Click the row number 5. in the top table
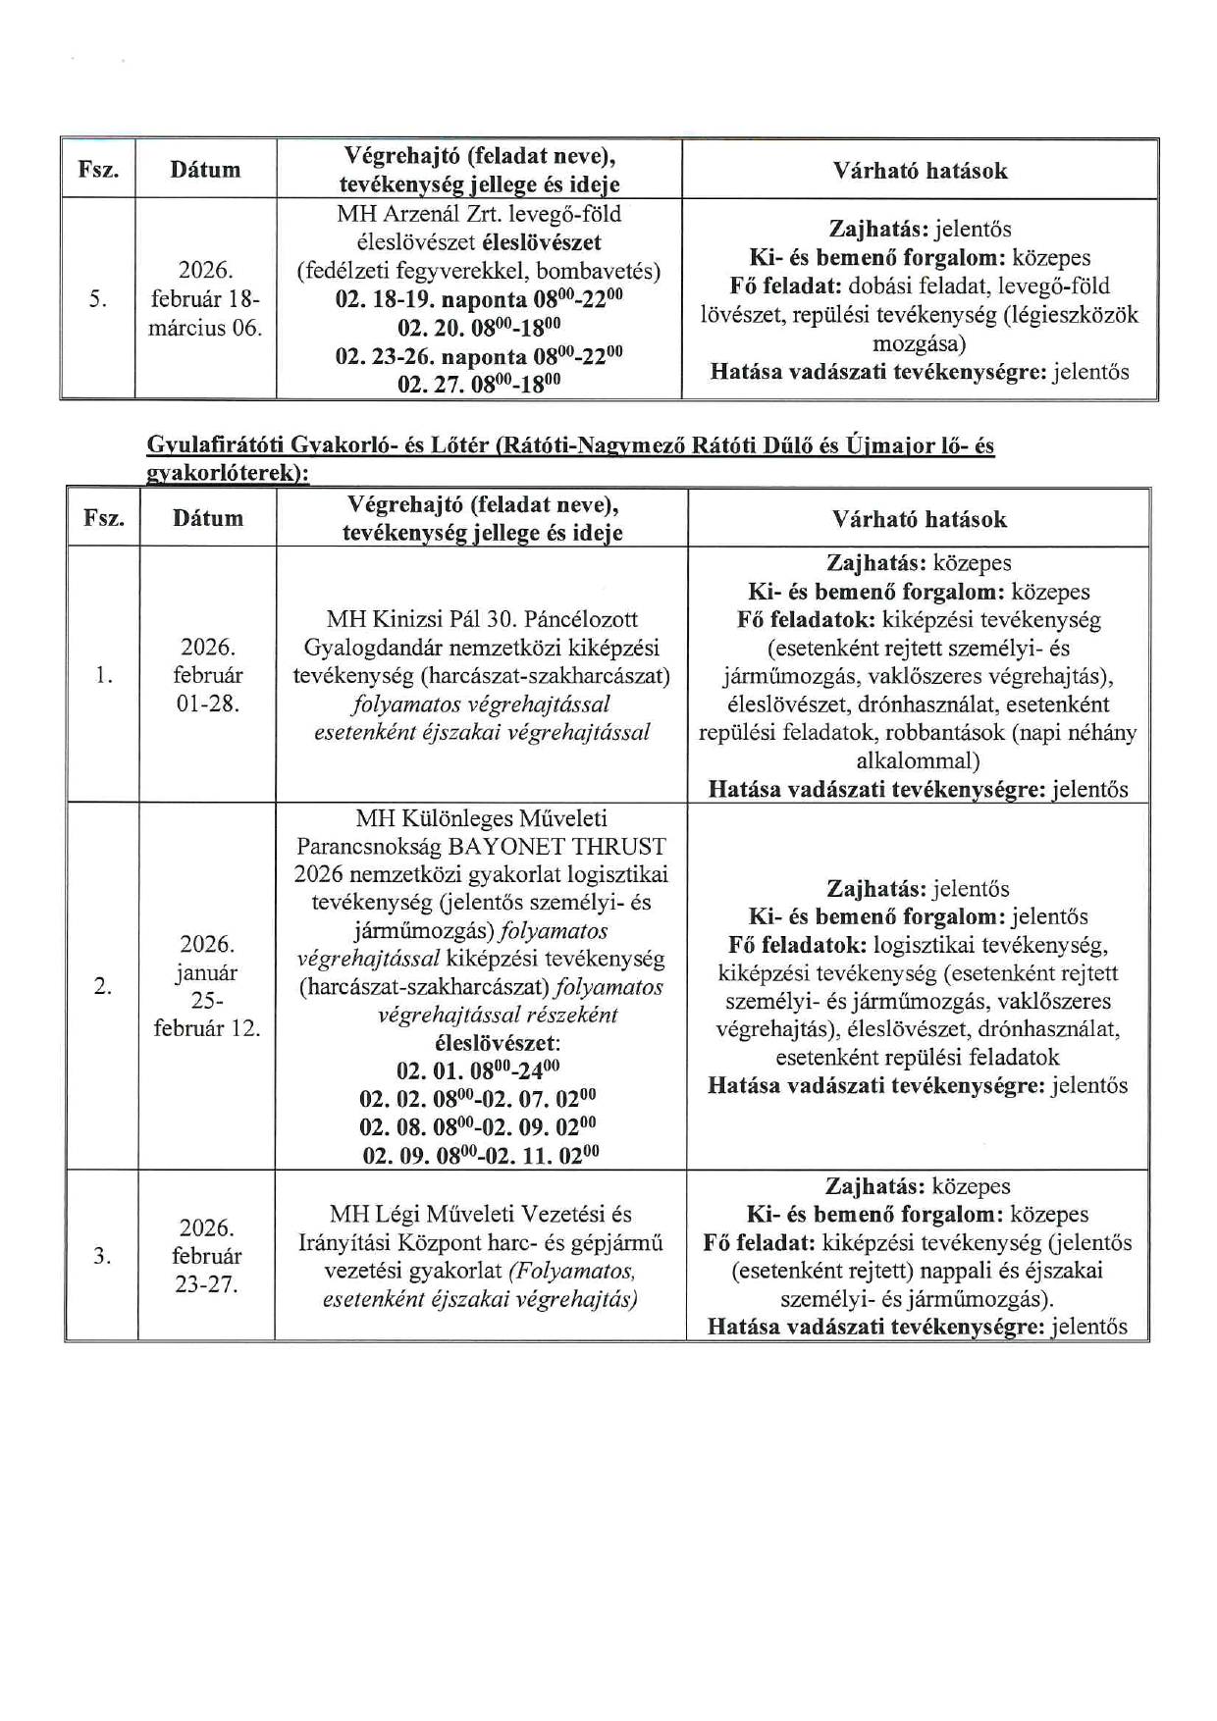pos(97,299)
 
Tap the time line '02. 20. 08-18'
pos(478,327)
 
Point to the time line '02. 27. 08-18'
pos(478,384)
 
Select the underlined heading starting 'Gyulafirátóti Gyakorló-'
pos(570,457)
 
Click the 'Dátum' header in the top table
pos(205,170)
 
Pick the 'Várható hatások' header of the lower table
pos(919,519)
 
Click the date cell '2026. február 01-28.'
pos(207,675)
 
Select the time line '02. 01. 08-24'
pos(478,1069)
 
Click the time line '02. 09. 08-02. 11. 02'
pos(481,1155)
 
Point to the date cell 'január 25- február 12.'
pos(206,986)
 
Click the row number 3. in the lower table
pos(101,1256)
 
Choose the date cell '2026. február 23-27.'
pos(206,1256)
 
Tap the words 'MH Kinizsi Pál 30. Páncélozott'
pos(482,619)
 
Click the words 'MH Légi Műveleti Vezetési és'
pos(481,1215)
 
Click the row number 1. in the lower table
pos(103,675)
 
